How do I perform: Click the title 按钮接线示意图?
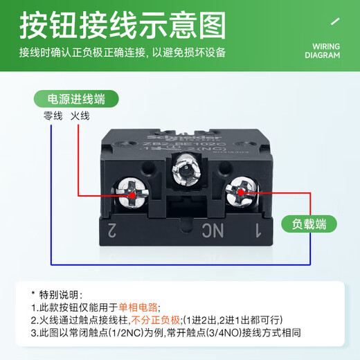click(122, 27)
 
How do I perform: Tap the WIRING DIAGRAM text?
click(323, 51)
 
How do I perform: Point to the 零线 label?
click(53, 117)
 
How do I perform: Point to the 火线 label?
click(80, 117)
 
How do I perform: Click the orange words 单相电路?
click(139, 307)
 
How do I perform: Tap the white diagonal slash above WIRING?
click(336, 22)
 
